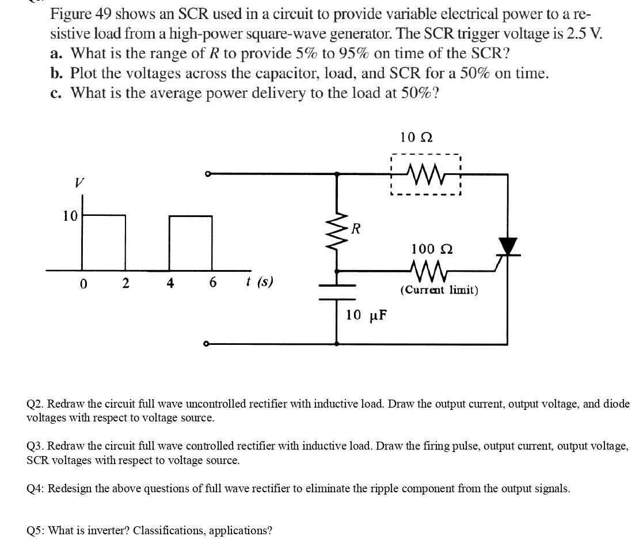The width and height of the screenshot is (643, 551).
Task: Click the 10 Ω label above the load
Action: tap(416, 138)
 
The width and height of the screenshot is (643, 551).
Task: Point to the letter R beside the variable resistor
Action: tap(357, 229)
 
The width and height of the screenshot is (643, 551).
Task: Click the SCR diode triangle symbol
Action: tap(508, 246)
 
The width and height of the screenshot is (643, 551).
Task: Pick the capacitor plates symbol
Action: tap(337, 292)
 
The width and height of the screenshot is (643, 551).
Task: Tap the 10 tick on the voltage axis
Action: tap(70, 216)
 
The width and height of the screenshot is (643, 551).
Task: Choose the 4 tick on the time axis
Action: tap(170, 283)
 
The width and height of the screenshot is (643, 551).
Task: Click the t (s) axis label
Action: tap(259, 282)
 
